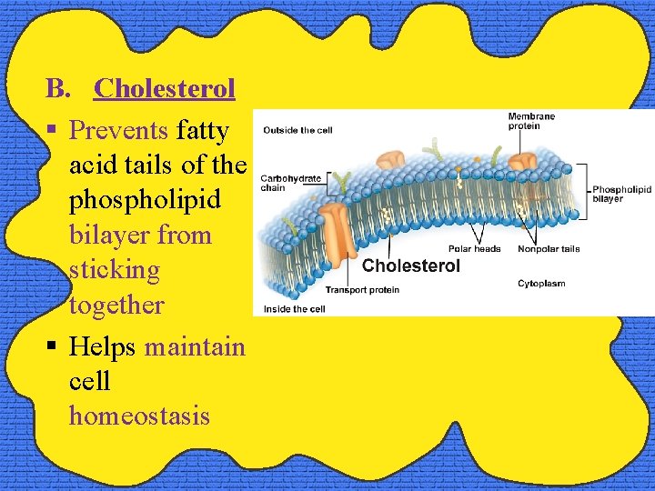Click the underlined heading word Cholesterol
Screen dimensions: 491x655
(165, 88)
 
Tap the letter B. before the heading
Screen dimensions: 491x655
(58, 88)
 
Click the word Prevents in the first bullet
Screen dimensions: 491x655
(119, 131)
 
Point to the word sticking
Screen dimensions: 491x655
(115, 270)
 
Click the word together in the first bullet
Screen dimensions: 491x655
(116, 305)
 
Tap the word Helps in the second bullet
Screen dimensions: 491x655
(103, 347)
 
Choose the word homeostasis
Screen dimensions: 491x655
(139, 416)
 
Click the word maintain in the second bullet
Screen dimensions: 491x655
(195, 347)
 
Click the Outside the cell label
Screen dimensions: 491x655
(297, 130)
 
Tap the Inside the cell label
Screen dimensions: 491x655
(294, 309)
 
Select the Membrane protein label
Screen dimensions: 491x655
(532, 121)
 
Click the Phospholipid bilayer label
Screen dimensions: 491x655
(621, 194)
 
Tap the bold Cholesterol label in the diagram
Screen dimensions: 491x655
(411, 266)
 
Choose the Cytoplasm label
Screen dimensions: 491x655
(541, 284)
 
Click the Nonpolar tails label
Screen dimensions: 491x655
(549, 249)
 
